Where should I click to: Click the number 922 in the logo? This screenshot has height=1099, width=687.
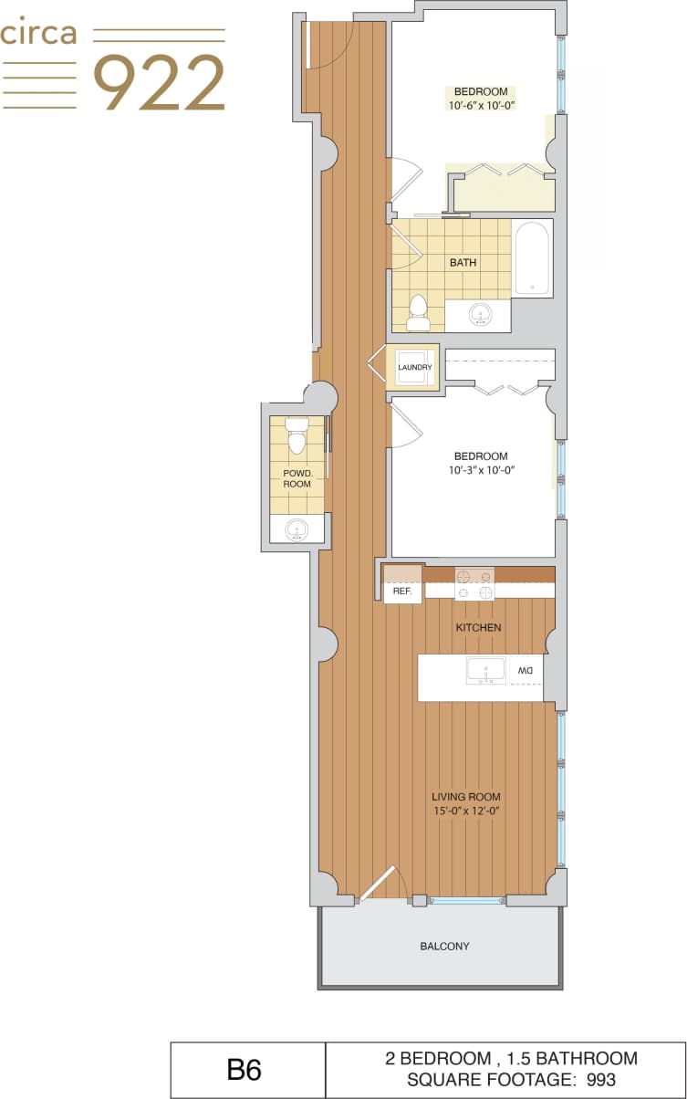160,83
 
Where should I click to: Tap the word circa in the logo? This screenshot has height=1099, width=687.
38,35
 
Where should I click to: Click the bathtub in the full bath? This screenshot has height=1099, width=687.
531,257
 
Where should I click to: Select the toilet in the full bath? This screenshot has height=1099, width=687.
419,312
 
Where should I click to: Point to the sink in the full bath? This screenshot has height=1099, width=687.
480,316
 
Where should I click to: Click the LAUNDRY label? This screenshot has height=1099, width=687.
414,368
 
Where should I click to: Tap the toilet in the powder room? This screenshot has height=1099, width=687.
297,436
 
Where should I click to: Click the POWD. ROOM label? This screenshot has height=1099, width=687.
297,477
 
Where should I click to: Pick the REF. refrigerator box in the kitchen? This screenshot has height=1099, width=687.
402,591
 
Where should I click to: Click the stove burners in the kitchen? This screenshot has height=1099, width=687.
474,584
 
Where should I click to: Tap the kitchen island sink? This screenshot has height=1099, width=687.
485,671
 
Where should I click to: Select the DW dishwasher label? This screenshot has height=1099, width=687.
526,671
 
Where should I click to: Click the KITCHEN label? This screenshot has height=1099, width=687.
478,628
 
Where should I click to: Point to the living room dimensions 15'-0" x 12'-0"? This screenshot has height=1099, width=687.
467,811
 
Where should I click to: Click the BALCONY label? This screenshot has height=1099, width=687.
444,947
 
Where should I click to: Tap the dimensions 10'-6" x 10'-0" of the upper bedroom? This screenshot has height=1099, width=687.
481,106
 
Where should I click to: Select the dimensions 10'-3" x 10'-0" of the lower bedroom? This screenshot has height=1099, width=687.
482,471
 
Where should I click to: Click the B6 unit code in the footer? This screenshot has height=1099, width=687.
245,1070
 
